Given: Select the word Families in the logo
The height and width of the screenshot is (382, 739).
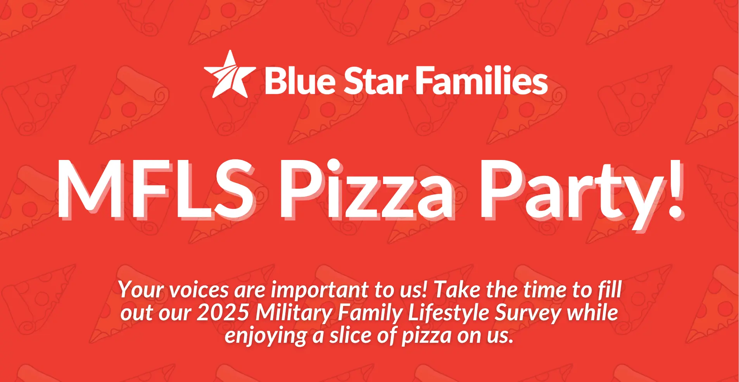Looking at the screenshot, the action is point(482,80).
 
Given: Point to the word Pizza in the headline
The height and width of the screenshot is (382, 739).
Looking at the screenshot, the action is point(367,189).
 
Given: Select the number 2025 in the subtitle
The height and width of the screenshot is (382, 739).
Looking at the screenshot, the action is point(223,313).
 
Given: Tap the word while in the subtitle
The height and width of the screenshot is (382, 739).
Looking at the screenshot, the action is point(593,313).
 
